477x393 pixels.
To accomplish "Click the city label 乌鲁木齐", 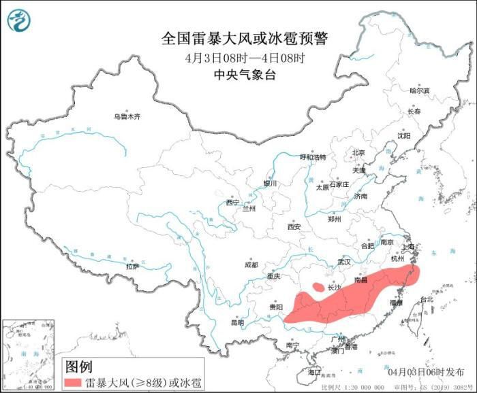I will click(x=127, y=117).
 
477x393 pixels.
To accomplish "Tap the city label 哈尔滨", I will click(x=420, y=90).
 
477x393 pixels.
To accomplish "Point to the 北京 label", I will click(x=358, y=152).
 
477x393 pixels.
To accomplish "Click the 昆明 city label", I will click(x=236, y=322).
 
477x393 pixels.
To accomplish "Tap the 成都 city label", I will click(x=251, y=264).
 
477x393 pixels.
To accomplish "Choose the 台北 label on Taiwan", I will click(x=426, y=299).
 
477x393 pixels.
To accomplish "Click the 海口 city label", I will click(x=314, y=372).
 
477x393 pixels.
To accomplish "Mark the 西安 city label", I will click(x=294, y=227).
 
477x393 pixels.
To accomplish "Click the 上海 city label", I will click(x=410, y=246).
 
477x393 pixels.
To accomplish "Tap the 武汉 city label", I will click(x=343, y=262).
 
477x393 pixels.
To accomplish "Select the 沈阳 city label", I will click(x=405, y=135).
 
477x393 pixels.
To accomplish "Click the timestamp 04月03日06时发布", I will click(x=426, y=372).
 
